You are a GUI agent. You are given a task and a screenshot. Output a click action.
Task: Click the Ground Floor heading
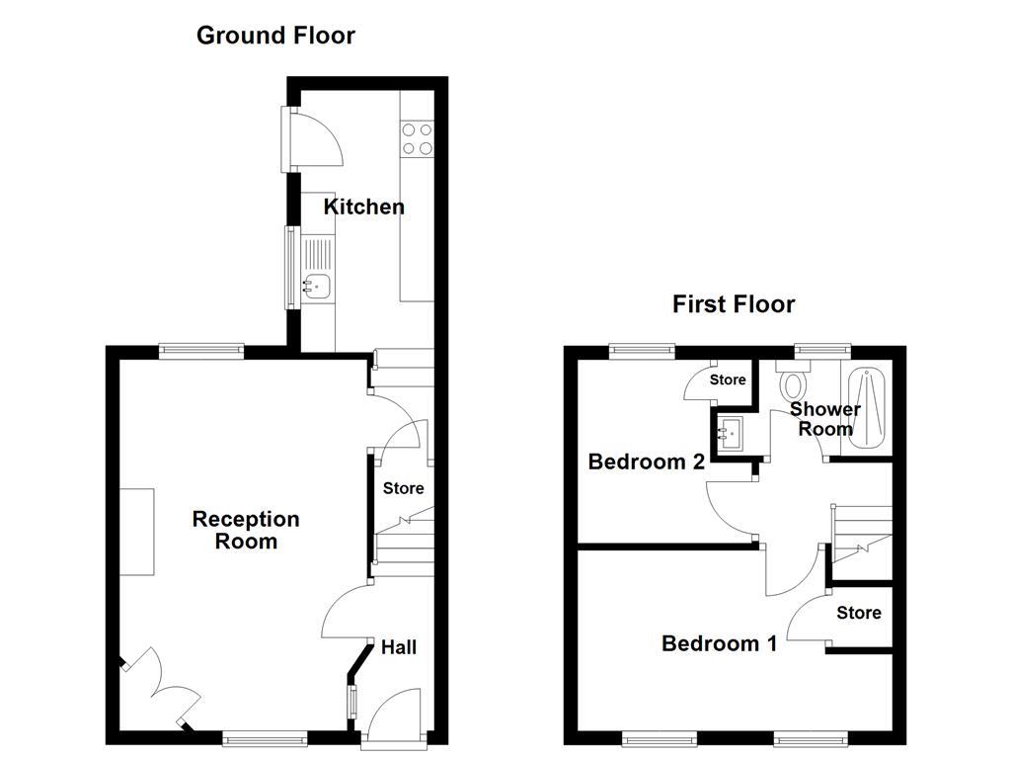click(275, 36)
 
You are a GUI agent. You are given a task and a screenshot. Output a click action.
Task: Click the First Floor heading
click(734, 304)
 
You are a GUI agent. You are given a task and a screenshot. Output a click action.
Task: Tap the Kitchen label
click(364, 207)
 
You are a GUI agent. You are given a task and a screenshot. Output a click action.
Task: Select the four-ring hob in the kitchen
click(418, 138)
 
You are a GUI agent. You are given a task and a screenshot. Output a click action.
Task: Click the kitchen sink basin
click(318, 287)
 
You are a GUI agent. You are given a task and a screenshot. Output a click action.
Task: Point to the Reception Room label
click(246, 530)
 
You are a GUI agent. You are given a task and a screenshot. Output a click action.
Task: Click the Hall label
click(399, 647)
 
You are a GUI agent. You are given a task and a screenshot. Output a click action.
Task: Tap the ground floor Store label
click(403, 488)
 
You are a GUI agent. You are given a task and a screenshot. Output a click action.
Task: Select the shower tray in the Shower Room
click(866, 409)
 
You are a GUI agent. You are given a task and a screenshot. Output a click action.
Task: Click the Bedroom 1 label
click(719, 643)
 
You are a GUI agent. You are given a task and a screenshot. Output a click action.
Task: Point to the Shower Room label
click(824, 419)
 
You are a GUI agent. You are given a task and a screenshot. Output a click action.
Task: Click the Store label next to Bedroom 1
click(858, 613)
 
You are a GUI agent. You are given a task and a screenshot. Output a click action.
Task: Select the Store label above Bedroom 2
click(728, 379)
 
